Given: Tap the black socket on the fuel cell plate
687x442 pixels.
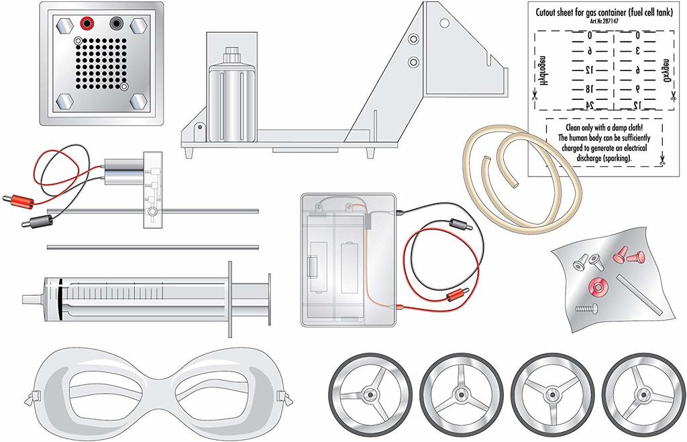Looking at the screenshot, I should pos(116,24).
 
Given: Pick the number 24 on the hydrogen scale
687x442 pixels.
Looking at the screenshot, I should pos(590,105).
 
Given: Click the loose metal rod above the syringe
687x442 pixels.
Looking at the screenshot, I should pos(152,247).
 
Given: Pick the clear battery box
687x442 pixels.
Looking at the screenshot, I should pos(350,262).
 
